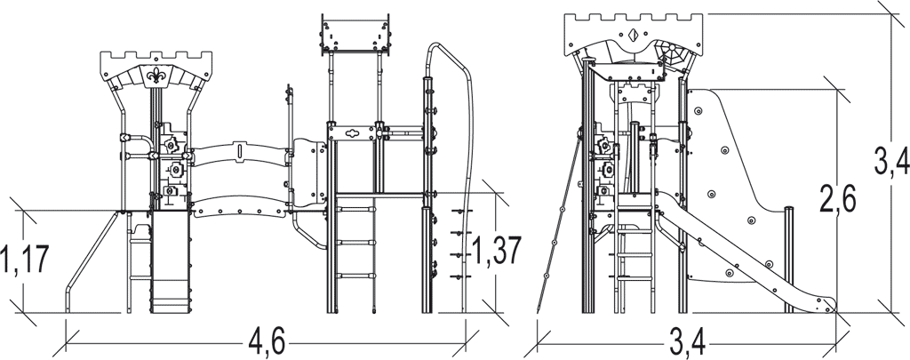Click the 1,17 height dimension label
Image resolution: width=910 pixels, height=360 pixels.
click(24, 260)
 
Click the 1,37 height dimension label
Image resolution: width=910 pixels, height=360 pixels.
click(497, 251)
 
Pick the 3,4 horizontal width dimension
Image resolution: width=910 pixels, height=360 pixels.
click(687, 344)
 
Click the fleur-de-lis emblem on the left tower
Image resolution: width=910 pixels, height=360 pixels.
click(156, 76)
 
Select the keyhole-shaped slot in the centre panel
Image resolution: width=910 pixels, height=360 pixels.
click(352, 132)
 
